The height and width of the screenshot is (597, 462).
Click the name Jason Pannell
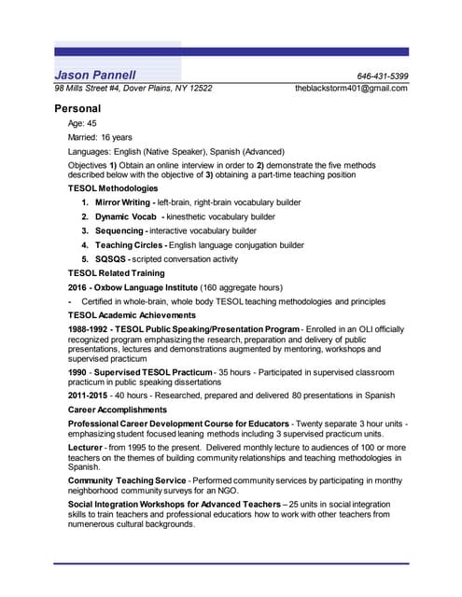(95, 75)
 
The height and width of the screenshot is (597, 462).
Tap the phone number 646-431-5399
(382, 76)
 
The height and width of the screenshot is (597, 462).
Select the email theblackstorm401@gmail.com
(351, 89)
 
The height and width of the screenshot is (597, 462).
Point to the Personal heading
(77, 108)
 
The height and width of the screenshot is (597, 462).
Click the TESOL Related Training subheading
(116, 273)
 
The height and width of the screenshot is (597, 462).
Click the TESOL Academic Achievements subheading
(131, 315)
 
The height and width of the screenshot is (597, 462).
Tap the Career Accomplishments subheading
(118, 410)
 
